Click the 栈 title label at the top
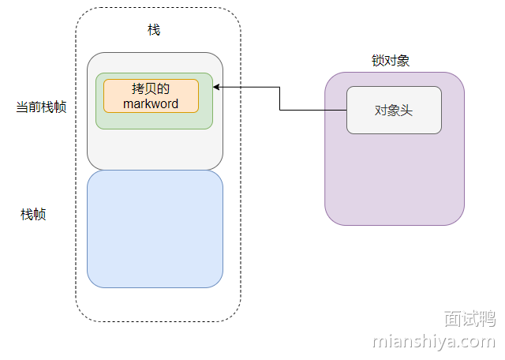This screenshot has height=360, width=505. click(x=154, y=30)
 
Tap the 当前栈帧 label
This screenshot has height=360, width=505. click(x=41, y=107)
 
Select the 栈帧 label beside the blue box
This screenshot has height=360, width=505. click(x=33, y=214)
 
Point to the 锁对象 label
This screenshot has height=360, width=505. click(x=391, y=61)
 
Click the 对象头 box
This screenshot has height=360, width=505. click(x=394, y=110)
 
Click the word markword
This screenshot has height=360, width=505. click(x=151, y=103)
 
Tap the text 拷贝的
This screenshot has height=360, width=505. click(x=151, y=88)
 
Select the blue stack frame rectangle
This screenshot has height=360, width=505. click(x=155, y=229)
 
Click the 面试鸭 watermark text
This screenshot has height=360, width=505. click(x=469, y=319)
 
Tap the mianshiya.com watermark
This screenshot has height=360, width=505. click(x=433, y=342)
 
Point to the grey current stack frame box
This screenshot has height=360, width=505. click(x=155, y=150)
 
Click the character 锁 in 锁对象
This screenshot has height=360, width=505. click(x=378, y=61)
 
